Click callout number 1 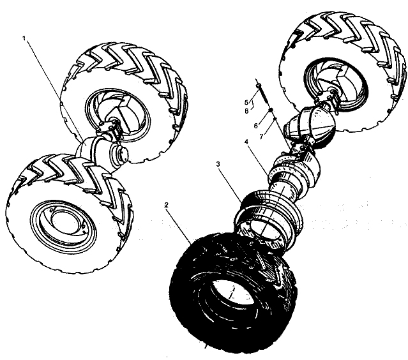(x=24, y=38)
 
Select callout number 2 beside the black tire (x=167, y=205)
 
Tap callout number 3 (x=218, y=164)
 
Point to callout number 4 (x=246, y=142)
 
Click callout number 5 (x=246, y=103)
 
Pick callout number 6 (x=256, y=126)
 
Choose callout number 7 (x=262, y=136)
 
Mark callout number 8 (x=246, y=111)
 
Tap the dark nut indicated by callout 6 (x=271, y=111)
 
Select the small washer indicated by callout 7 (x=275, y=119)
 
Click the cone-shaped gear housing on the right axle (x=310, y=123)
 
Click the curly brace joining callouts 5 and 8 (x=252, y=105)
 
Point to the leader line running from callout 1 (x=54, y=89)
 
